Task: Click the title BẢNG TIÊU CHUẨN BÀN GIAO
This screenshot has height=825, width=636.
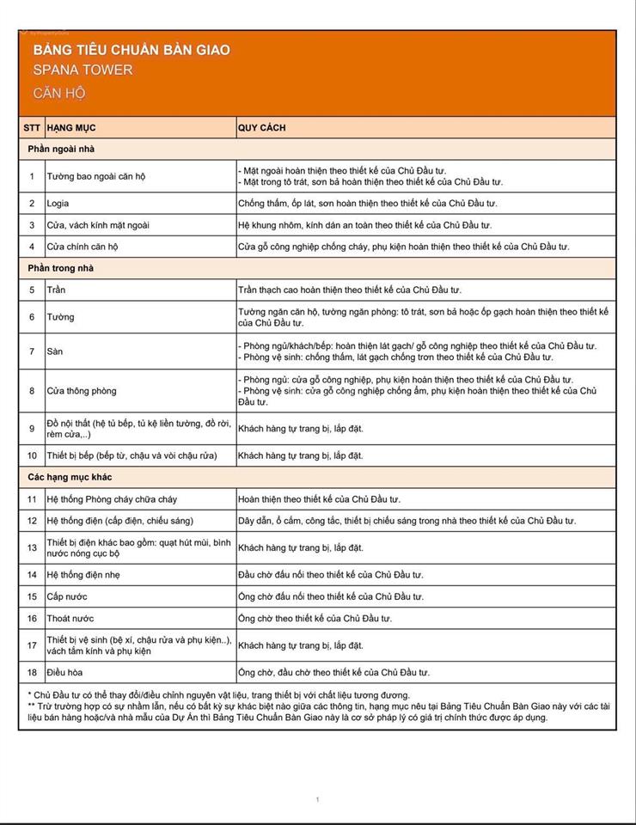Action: (x=131, y=50)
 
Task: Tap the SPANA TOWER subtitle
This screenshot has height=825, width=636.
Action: (x=83, y=70)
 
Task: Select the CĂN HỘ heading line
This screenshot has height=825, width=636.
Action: (x=59, y=93)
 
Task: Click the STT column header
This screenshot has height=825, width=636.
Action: (x=32, y=128)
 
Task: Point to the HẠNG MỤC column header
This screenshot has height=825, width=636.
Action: (x=71, y=128)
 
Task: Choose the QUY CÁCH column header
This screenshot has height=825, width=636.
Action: (x=262, y=128)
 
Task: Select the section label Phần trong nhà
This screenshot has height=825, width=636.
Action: (x=60, y=268)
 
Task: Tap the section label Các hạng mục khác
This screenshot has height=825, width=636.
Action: (x=70, y=477)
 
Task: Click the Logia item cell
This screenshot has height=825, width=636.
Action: (x=58, y=204)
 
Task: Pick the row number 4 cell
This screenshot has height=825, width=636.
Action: (x=32, y=247)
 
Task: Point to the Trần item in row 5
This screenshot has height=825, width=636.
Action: (x=57, y=290)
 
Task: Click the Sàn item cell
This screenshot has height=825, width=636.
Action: (x=55, y=351)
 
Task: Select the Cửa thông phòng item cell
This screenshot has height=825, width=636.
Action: (x=82, y=391)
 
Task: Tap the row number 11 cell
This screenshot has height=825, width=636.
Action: (x=32, y=499)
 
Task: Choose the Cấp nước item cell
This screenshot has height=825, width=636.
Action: (x=67, y=596)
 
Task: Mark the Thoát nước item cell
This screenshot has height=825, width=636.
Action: (x=70, y=619)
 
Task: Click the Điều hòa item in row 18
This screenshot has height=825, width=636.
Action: (x=65, y=673)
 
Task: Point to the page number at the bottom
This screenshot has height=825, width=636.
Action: (x=317, y=800)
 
